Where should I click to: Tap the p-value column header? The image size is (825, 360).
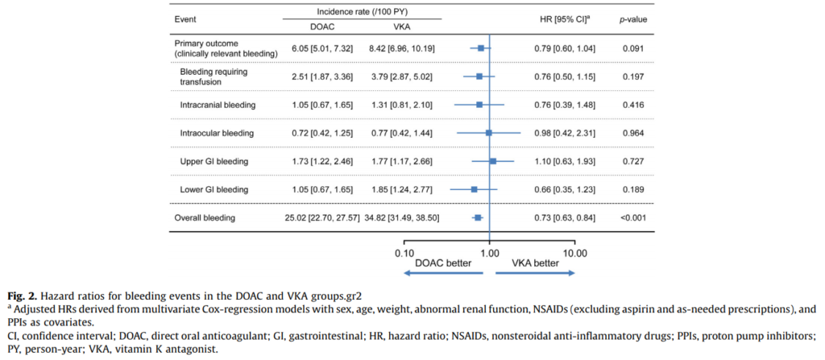(633, 18)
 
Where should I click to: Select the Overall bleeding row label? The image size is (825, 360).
(205, 217)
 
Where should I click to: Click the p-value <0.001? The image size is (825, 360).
(633, 217)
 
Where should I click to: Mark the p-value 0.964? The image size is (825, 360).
(633, 133)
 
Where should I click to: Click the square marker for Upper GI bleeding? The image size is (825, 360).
(493, 161)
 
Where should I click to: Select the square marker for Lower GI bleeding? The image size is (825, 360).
(475, 189)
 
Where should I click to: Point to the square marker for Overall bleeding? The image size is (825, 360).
(478, 217)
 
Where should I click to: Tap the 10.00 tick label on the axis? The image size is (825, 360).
(574, 252)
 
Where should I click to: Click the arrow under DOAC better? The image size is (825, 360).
(442, 274)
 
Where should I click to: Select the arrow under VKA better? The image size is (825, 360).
(536, 274)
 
